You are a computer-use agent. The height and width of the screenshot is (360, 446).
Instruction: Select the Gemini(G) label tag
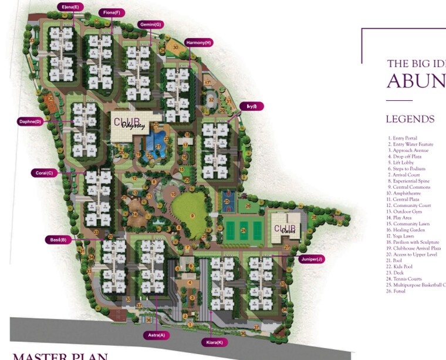click(151, 25)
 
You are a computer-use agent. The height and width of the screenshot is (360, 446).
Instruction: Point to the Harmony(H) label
click(198, 43)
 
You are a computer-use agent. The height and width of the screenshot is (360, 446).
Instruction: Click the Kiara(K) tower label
click(213, 342)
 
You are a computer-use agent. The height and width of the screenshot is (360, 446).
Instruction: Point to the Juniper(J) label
click(310, 259)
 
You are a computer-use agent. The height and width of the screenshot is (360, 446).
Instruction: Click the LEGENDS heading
click(410, 119)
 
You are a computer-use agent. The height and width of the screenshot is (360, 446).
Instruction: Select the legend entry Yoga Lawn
click(402, 236)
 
